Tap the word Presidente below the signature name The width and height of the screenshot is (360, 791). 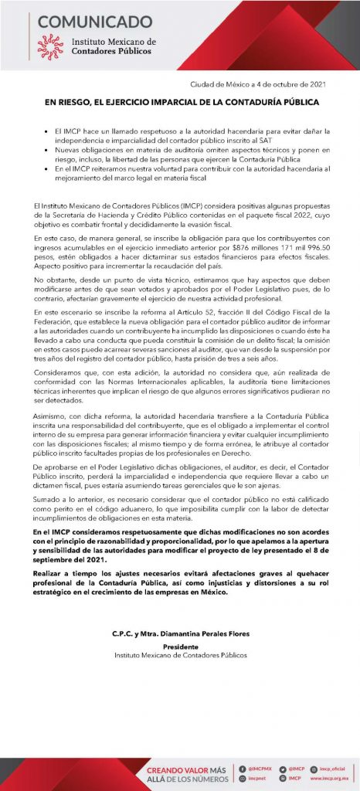click(x=180, y=647)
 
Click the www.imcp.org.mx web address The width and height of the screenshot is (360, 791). click(x=333, y=779)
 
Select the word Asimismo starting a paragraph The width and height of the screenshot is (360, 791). click(x=52, y=417)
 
